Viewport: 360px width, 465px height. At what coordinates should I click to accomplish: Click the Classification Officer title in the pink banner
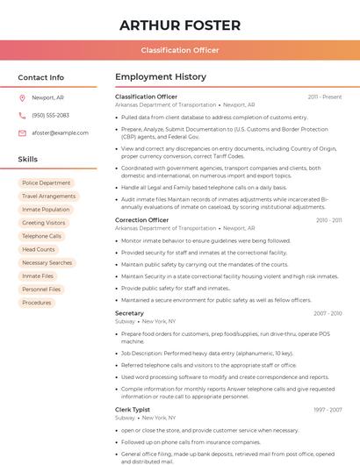tap(180, 50)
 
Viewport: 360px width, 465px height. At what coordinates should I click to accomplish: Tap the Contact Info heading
tap(41, 77)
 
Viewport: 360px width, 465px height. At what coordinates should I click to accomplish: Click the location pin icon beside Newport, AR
tap(22, 98)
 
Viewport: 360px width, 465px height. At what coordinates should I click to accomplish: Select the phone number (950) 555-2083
tap(50, 115)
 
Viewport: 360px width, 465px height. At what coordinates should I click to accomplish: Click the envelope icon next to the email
tap(22, 132)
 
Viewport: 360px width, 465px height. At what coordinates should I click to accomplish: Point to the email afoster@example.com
tap(61, 132)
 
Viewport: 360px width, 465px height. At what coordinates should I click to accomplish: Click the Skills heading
tap(28, 160)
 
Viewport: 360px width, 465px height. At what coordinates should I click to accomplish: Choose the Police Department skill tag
tap(47, 182)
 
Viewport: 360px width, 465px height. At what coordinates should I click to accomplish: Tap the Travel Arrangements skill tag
tap(49, 197)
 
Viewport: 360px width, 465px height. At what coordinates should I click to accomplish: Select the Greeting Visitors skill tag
tap(44, 223)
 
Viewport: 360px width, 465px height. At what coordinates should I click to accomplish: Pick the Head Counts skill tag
tap(39, 249)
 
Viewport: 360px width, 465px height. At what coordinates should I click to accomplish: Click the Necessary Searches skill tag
tap(47, 262)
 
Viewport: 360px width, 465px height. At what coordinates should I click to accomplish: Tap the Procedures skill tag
tap(37, 303)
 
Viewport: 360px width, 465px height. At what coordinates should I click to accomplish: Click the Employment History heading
tap(161, 77)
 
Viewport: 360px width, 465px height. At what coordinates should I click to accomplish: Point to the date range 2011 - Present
tap(325, 97)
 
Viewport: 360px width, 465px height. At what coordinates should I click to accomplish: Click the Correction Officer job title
tap(142, 220)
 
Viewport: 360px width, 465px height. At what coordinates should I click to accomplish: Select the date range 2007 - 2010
tap(328, 313)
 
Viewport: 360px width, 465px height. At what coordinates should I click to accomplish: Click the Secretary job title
tap(130, 313)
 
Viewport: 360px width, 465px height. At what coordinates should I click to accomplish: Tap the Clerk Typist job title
tap(133, 409)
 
